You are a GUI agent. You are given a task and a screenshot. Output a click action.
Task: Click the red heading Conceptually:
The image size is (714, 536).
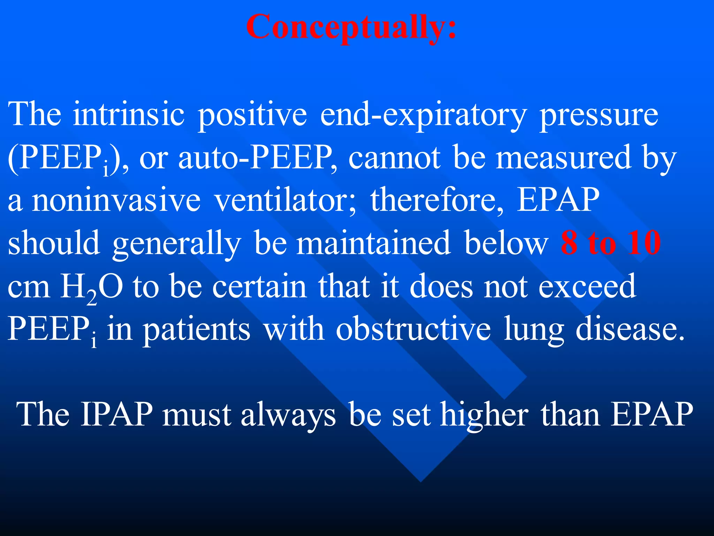point(351,27)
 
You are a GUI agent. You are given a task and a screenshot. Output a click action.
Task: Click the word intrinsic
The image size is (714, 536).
point(129,114)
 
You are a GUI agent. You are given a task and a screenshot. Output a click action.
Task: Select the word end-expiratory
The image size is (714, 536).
point(422,114)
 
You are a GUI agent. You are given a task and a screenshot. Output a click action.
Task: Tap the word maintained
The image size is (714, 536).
point(373,243)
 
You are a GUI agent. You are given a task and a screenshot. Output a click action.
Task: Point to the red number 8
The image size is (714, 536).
point(569,243)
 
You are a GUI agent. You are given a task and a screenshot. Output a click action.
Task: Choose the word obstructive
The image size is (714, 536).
point(413,329)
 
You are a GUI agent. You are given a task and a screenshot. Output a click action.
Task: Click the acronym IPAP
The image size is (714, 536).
point(116,415)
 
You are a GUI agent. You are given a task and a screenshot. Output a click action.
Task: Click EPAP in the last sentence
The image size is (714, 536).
point(652,415)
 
